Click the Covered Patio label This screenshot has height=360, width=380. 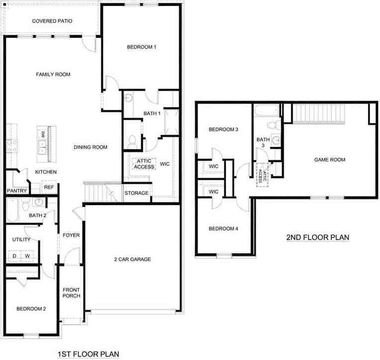(52, 21)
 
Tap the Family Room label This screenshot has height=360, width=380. (53, 75)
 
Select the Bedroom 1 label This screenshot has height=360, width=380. (142, 47)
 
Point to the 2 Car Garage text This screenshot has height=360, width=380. (132, 259)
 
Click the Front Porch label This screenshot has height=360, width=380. (71, 293)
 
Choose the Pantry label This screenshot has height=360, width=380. (16, 191)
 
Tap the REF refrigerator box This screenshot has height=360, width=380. (49, 187)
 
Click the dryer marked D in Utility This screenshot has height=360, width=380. (14, 256)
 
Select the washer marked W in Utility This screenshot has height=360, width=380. (28, 256)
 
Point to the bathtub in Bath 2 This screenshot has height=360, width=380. (12, 210)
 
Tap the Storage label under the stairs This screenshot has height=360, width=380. (136, 193)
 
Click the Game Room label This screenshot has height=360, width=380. (329, 160)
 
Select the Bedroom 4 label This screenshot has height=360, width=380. (223, 229)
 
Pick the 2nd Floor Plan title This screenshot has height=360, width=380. (318, 238)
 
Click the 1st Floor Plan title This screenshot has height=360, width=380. (89, 354)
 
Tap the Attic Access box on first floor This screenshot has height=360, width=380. (144, 164)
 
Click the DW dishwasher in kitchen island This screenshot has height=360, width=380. (43, 133)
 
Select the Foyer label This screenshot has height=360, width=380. (71, 235)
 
